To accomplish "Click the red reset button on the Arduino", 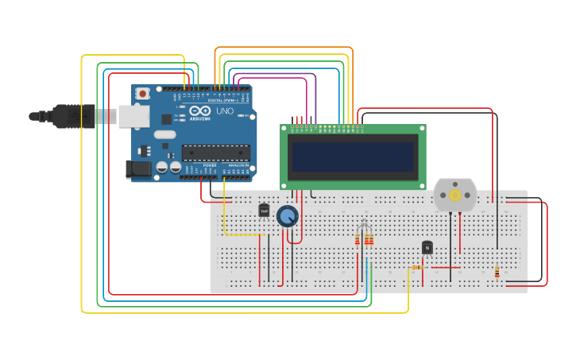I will (x=142, y=94).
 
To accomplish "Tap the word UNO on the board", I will (x=225, y=111).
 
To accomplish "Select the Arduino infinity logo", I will (x=199, y=111).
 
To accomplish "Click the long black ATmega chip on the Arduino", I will (x=215, y=153).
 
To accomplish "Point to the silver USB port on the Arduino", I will (x=133, y=116).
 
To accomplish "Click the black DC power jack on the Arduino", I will (x=138, y=168).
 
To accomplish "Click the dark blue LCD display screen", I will (x=353, y=157).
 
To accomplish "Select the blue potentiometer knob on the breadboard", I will (x=287, y=216).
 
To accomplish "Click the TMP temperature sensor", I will (x=264, y=211).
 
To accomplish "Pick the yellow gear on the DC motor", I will (x=455, y=195).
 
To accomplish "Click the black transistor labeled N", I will (x=427, y=248).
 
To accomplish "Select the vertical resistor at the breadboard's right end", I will (x=497, y=273).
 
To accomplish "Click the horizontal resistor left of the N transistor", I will (x=416, y=268).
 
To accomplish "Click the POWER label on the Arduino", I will (x=209, y=165).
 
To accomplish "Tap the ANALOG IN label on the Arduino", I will (x=238, y=165).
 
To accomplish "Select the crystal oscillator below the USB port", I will (x=165, y=134).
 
